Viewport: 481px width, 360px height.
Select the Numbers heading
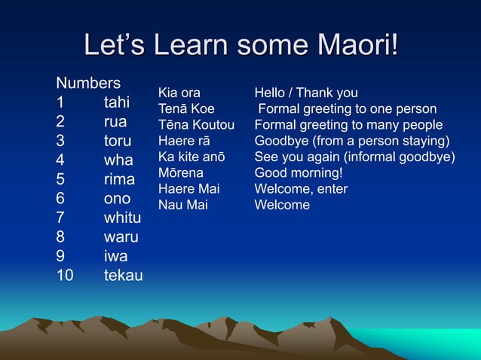[x=88, y=82]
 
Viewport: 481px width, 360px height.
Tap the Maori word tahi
[x=117, y=102]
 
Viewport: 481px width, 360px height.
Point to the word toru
[x=118, y=141]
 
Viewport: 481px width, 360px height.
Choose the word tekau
[x=123, y=276]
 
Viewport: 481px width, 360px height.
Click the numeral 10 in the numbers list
[x=65, y=276]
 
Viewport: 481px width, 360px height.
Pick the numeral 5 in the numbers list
[x=60, y=180]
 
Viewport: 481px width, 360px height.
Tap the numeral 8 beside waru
[x=60, y=237]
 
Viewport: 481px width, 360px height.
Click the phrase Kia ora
[x=179, y=93]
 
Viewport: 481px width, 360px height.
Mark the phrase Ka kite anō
[x=191, y=157]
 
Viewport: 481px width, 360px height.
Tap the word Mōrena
[x=180, y=173]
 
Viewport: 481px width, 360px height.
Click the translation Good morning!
[x=299, y=173]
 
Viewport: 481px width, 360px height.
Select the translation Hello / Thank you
[x=306, y=93]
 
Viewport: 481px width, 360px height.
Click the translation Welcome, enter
[x=301, y=189]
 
